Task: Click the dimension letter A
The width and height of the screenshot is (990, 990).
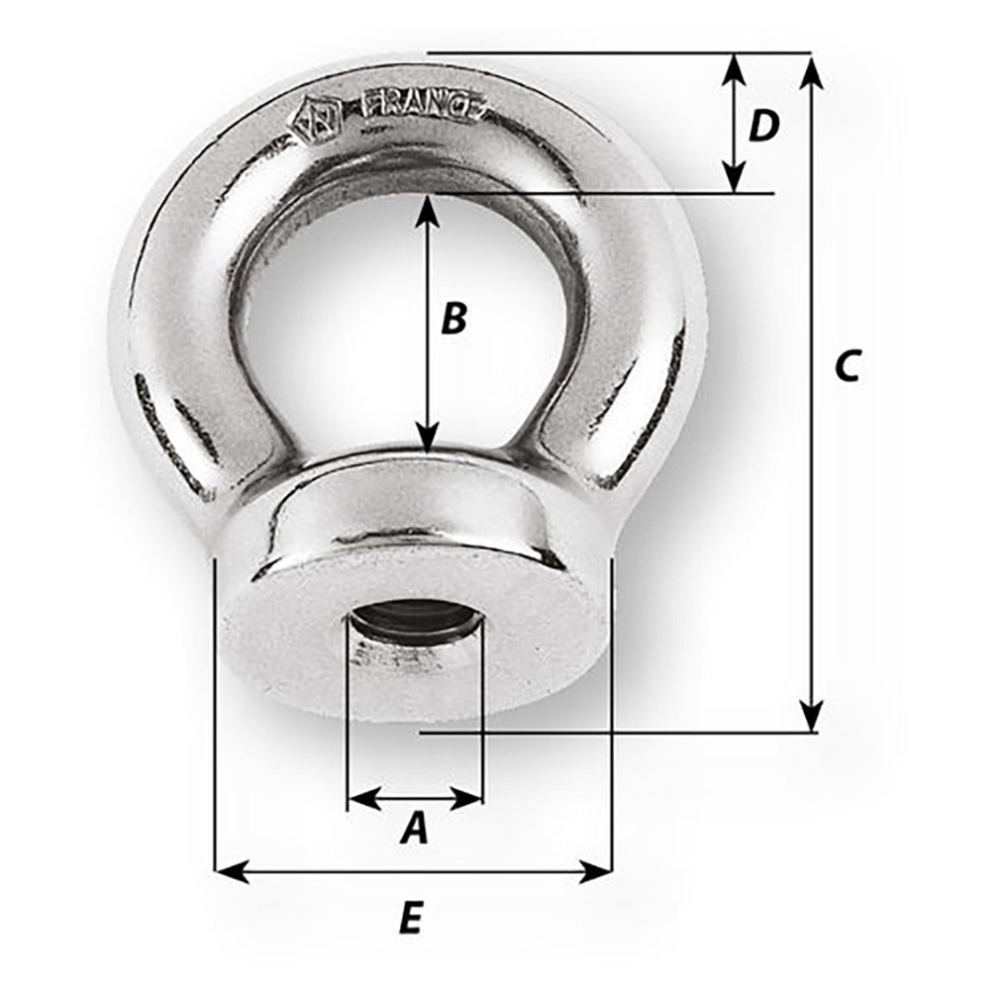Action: [x=415, y=828]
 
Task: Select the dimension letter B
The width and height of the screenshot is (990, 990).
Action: [x=453, y=319]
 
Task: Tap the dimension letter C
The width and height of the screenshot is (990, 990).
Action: [x=846, y=365]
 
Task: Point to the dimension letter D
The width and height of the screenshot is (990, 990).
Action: [x=763, y=126]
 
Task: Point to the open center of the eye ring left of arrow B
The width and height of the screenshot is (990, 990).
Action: [x=337, y=327]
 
